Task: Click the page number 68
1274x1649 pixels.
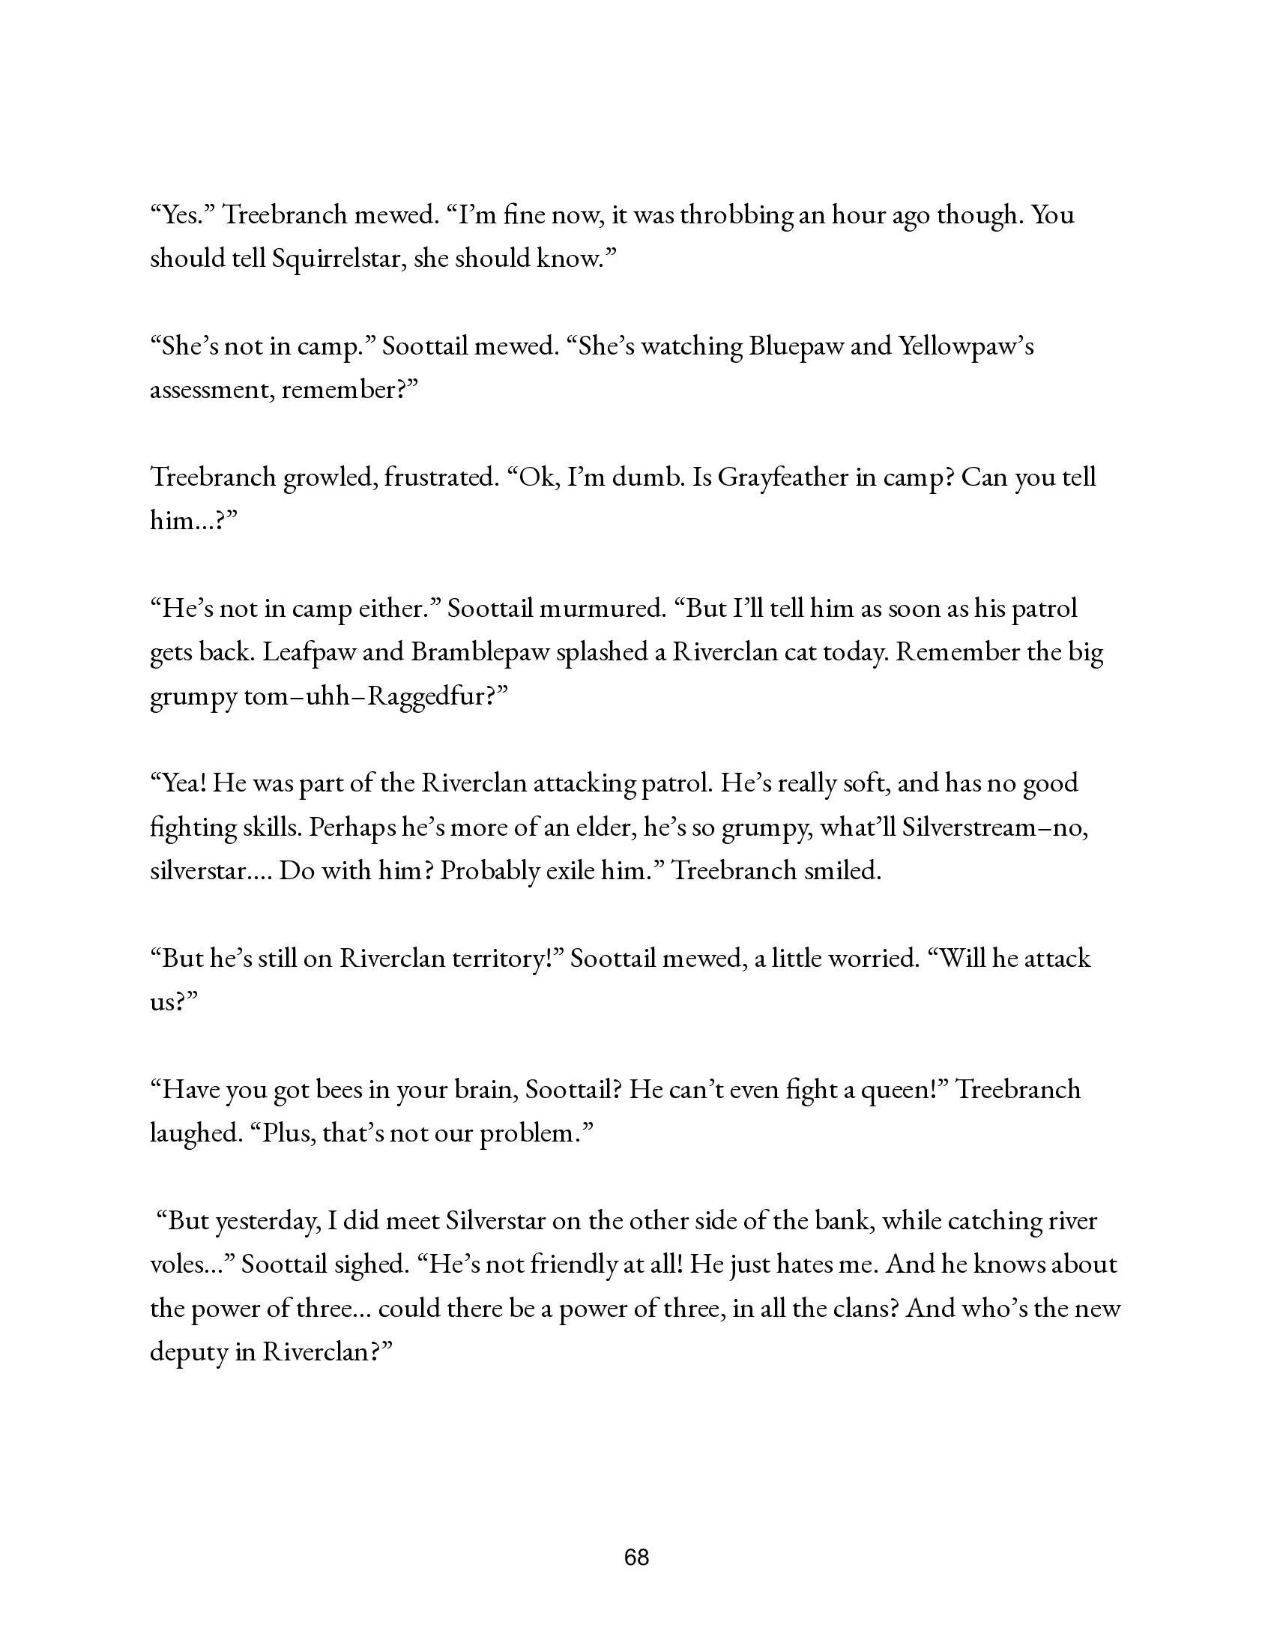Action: (x=636, y=1557)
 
